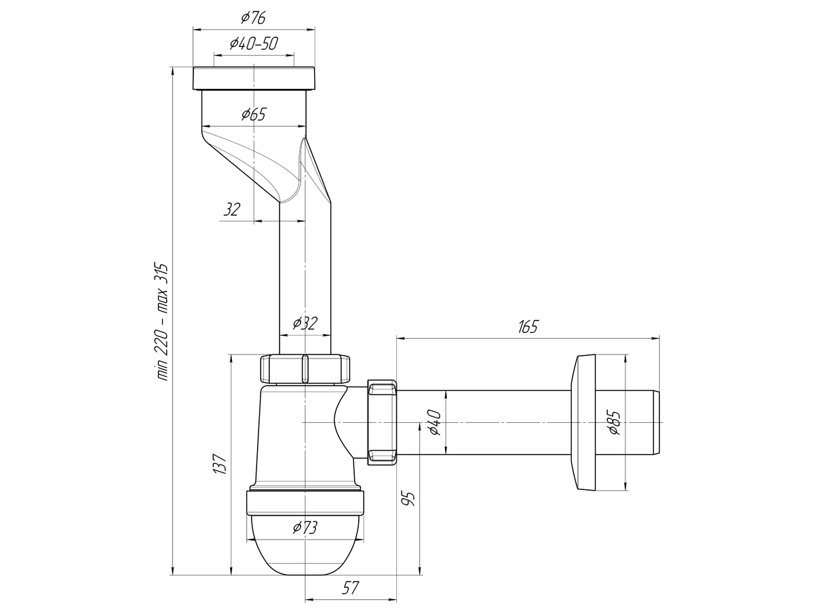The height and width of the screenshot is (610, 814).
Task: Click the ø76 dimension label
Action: [254, 18]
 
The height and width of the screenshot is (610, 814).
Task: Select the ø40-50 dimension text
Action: [254, 43]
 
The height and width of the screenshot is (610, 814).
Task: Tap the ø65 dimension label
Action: [254, 115]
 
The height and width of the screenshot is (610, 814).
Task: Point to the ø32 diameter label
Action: [305, 323]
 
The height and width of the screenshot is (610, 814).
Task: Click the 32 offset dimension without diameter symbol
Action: [232, 209]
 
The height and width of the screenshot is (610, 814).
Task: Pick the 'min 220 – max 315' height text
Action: [162, 322]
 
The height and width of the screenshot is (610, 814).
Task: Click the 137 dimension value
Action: [220, 464]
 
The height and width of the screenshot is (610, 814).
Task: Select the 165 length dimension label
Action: [528, 327]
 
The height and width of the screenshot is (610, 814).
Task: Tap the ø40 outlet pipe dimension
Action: [434, 422]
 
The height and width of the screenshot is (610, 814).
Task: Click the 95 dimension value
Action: [408, 499]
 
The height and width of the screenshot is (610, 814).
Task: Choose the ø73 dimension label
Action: [305, 527]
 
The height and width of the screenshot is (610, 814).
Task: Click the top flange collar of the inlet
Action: [254, 79]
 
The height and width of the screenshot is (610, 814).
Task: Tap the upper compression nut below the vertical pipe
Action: [305, 369]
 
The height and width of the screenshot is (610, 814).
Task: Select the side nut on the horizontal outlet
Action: [382, 422]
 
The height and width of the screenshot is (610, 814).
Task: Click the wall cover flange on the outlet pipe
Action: [583, 422]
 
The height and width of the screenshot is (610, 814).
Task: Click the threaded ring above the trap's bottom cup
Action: [305, 503]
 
